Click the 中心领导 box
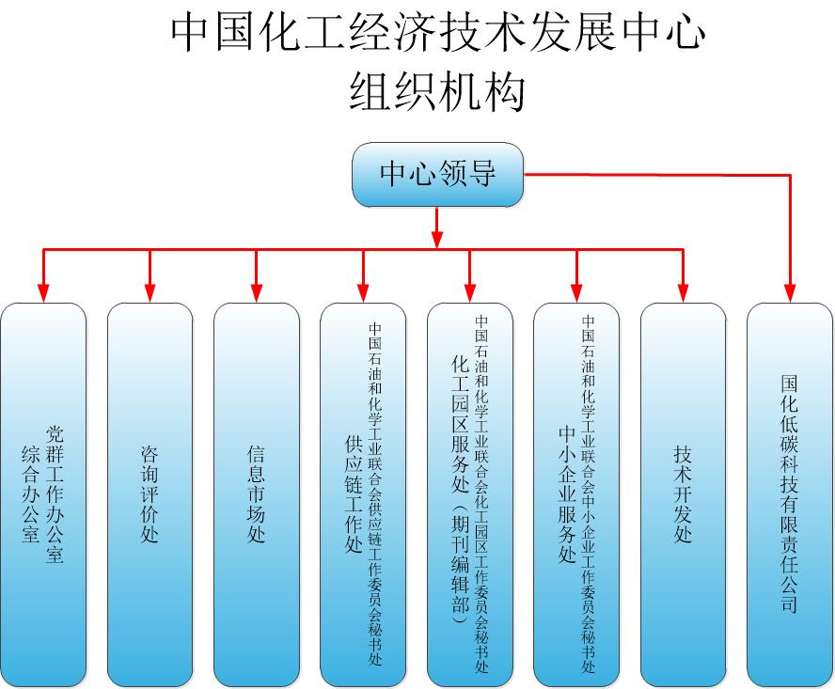tap(437, 175)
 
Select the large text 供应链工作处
tap(354, 493)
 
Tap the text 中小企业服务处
tap(567, 493)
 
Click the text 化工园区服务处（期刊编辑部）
tap(461, 489)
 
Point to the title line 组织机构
tap(437, 93)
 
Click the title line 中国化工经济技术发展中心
tap(437, 34)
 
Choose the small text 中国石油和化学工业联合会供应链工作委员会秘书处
tap(375, 493)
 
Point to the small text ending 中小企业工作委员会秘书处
tap(589, 493)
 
